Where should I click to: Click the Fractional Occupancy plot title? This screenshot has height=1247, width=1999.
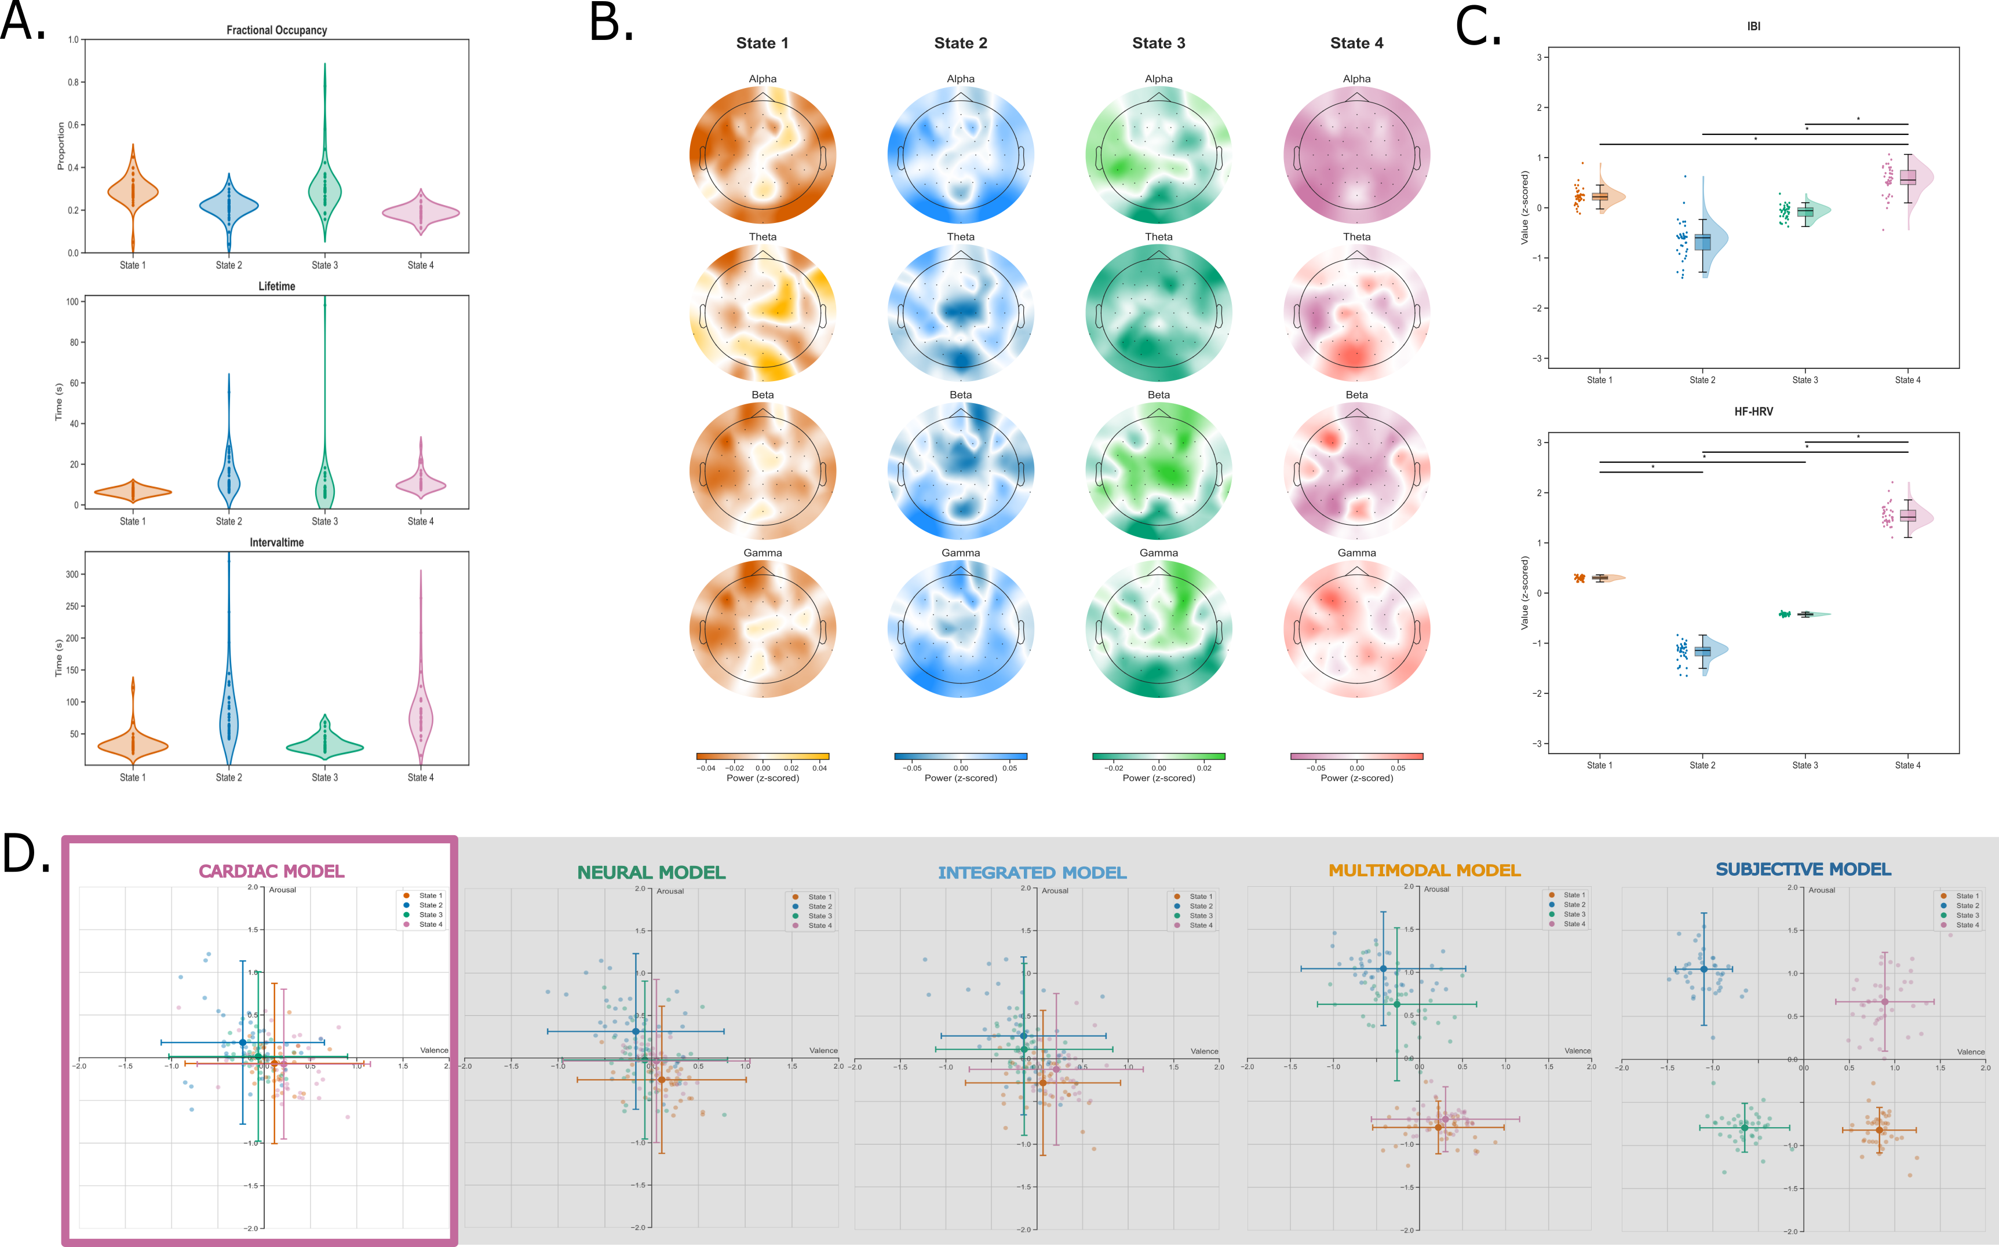tap(276, 31)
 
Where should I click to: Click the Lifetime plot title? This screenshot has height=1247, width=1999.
tap(276, 286)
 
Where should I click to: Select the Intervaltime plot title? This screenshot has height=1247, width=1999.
tap(276, 543)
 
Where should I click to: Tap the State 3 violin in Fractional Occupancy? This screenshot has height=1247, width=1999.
tap(324, 190)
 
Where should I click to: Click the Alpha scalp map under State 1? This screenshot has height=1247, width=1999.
tap(763, 155)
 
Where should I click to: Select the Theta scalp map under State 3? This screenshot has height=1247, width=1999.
tap(1158, 313)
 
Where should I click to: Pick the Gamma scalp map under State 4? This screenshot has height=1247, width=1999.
tap(1356, 629)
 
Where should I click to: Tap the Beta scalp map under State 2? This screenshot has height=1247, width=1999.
tap(960, 471)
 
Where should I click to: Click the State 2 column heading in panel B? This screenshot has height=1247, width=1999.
tap(960, 43)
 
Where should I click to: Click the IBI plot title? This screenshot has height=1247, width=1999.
tap(1753, 27)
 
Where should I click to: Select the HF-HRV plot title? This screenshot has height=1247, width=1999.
tap(1753, 412)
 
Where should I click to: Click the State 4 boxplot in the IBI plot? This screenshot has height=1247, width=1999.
tap(1907, 177)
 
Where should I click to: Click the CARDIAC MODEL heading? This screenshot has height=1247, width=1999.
tap(271, 872)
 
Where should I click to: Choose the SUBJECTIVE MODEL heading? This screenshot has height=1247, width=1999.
tap(1804, 870)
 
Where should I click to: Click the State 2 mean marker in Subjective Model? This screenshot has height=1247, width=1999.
tap(1703, 969)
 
